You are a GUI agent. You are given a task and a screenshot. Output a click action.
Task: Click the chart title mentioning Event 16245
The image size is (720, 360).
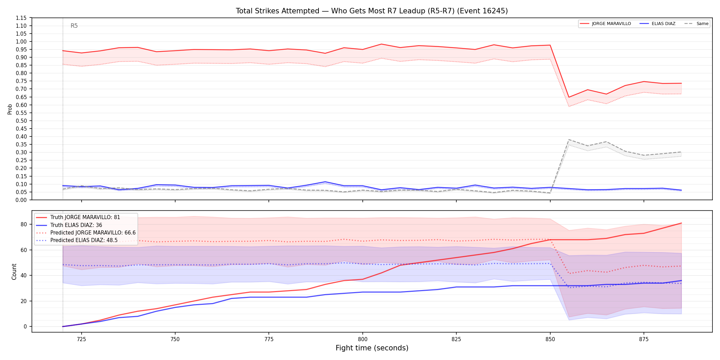[372, 11]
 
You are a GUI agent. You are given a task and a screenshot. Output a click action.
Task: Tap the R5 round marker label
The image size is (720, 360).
[74, 26]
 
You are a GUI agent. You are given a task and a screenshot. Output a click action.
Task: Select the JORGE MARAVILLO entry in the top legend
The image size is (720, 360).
[605, 24]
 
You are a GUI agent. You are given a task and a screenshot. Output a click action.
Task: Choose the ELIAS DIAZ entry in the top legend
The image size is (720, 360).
[658, 24]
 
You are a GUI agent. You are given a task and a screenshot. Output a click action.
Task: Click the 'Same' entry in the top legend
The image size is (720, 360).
[696, 24]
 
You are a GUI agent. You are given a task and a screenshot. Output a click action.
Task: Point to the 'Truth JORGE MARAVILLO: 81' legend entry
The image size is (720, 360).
[78, 217]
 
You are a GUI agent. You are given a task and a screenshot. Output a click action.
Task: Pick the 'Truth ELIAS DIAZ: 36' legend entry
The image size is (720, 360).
[69, 225]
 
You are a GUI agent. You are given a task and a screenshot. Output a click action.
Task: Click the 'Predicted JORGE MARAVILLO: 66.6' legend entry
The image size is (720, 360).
[86, 233]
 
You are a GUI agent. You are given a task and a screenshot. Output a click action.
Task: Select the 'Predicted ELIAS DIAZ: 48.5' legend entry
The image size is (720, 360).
[77, 240]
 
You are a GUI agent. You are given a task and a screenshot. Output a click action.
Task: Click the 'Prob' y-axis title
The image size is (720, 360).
[10, 109]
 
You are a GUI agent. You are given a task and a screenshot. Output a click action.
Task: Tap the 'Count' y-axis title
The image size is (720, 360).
[14, 272]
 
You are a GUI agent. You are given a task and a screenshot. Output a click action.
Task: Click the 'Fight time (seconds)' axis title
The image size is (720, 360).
[372, 348]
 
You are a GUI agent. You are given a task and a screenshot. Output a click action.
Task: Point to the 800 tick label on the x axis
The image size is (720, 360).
[362, 339]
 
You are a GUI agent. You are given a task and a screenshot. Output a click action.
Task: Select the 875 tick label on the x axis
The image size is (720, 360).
[644, 339]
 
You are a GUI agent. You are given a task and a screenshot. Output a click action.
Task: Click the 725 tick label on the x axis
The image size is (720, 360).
[81, 339]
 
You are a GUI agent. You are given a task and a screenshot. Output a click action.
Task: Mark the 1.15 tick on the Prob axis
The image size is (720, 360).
[21, 18]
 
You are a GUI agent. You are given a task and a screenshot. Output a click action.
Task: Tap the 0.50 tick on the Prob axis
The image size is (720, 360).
[21, 121]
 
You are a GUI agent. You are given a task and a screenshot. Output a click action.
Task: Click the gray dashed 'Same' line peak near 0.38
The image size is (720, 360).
[569, 140]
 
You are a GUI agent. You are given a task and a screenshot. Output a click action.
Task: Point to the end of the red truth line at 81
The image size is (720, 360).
[681, 223]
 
